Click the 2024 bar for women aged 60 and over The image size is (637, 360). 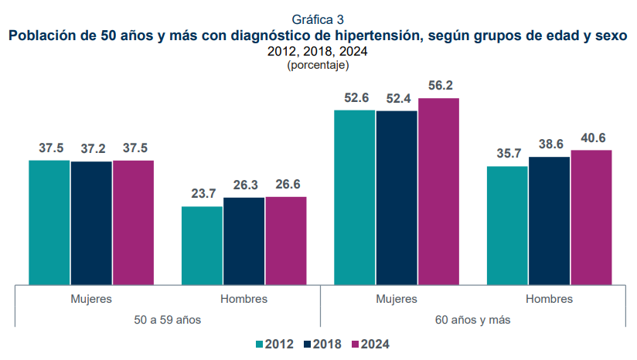coord(438,191)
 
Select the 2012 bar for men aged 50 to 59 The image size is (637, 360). coord(202,245)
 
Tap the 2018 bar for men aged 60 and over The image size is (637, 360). coord(550,220)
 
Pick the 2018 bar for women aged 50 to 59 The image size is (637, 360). coord(91,222)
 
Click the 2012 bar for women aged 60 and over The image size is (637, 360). coord(355,197)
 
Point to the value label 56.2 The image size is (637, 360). coord(439,86)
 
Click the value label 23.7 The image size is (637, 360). coord(203,194)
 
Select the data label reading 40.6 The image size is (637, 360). coord(592,138)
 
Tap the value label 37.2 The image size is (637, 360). coord(91,148)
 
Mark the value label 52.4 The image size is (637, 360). coord(397,98)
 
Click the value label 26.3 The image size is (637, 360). coord(244,185)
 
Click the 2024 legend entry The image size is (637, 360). coord(369,344)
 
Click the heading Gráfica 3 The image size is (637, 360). coord(318,19)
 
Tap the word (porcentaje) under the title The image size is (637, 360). coord(318,66)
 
